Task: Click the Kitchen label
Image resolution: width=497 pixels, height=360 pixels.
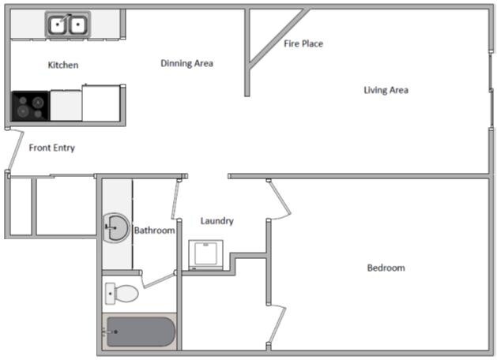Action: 63,65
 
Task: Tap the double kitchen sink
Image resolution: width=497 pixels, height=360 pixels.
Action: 66,25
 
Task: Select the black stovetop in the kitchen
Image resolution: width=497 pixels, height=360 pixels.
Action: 30,106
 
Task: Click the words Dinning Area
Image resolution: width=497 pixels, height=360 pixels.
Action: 186,63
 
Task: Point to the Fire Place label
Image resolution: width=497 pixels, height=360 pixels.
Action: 303,43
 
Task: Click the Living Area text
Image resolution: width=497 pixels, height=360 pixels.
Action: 386,90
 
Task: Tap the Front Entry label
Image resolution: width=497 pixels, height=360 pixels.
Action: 51,148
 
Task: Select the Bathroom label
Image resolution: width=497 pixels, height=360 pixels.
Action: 153,231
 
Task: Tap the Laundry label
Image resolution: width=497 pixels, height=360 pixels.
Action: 216,221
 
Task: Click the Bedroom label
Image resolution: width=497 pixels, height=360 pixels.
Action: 386,268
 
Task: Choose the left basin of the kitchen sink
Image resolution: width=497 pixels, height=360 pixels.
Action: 58,25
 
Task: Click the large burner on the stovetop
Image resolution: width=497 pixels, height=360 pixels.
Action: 22,104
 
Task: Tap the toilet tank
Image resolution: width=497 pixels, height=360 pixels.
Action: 109,294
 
